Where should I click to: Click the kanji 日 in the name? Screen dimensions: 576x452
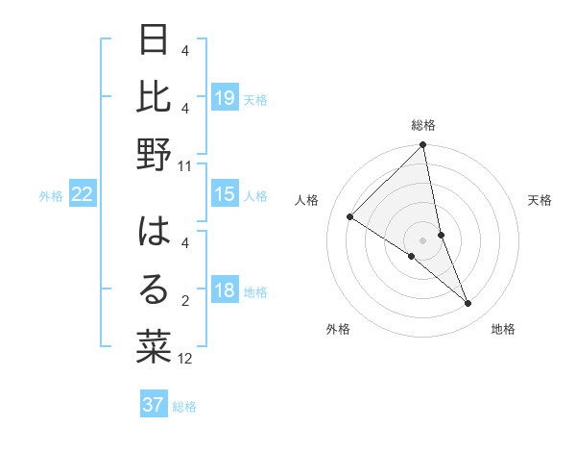[155, 43]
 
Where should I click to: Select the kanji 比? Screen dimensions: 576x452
[155, 97]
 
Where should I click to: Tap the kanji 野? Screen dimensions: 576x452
[155, 155]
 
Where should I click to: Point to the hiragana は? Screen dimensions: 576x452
[155, 233]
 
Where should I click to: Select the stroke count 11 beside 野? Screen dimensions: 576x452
[185, 165]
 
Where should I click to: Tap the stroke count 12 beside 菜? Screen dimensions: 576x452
[185, 359]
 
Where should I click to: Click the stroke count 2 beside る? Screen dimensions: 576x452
[185, 302]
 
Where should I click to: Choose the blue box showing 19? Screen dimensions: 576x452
[225, 97]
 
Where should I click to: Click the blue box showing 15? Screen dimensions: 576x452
[225, 194]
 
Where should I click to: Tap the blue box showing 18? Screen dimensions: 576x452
[225, 290]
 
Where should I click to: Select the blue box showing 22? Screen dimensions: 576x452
[82, 194]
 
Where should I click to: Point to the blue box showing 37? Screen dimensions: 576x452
[154, 405]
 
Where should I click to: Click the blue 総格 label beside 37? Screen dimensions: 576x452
[184, 407]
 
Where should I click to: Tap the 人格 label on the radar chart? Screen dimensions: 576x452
[307, 200]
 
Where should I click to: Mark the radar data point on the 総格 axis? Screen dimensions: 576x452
[422, 146]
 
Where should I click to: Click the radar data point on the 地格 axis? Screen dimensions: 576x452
[468, 304]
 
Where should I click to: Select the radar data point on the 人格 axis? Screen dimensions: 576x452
[349, 217]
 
